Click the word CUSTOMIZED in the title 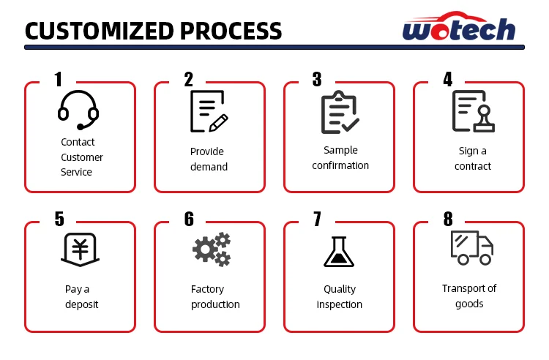pyautogui.click(x=97, y=31)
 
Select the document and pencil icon pyautogui.click(x=208, y=111)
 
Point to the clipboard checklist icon pyautogui.click(x=340, y=113)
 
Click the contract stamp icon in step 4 pyautogui.click(x=472, y=111)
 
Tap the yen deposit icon pyautogui.click(x=78, y=249)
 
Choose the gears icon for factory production pyautogui.click(x=212, y=250)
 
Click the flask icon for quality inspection pyautogui.click(x=339, y=250)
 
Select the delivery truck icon pyautogui.click(x=471, y=247)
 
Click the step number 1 pyautogui.click(x=58, y=80)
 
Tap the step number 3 pyautogui.click(x=317, y=80)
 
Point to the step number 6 pyautogui.click(x=189, y=219)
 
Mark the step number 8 pyautogui.click(x=448, y=219)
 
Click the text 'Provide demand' pyautogui.click(x=209, y=159)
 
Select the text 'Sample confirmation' pyautogui.click(x=340, y=157)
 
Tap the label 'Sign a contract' pyautogui.click(x=472, y=158)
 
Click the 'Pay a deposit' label pyautogui.click(x=81, y=296)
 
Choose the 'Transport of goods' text pyautogui.click(x=469, y=296)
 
